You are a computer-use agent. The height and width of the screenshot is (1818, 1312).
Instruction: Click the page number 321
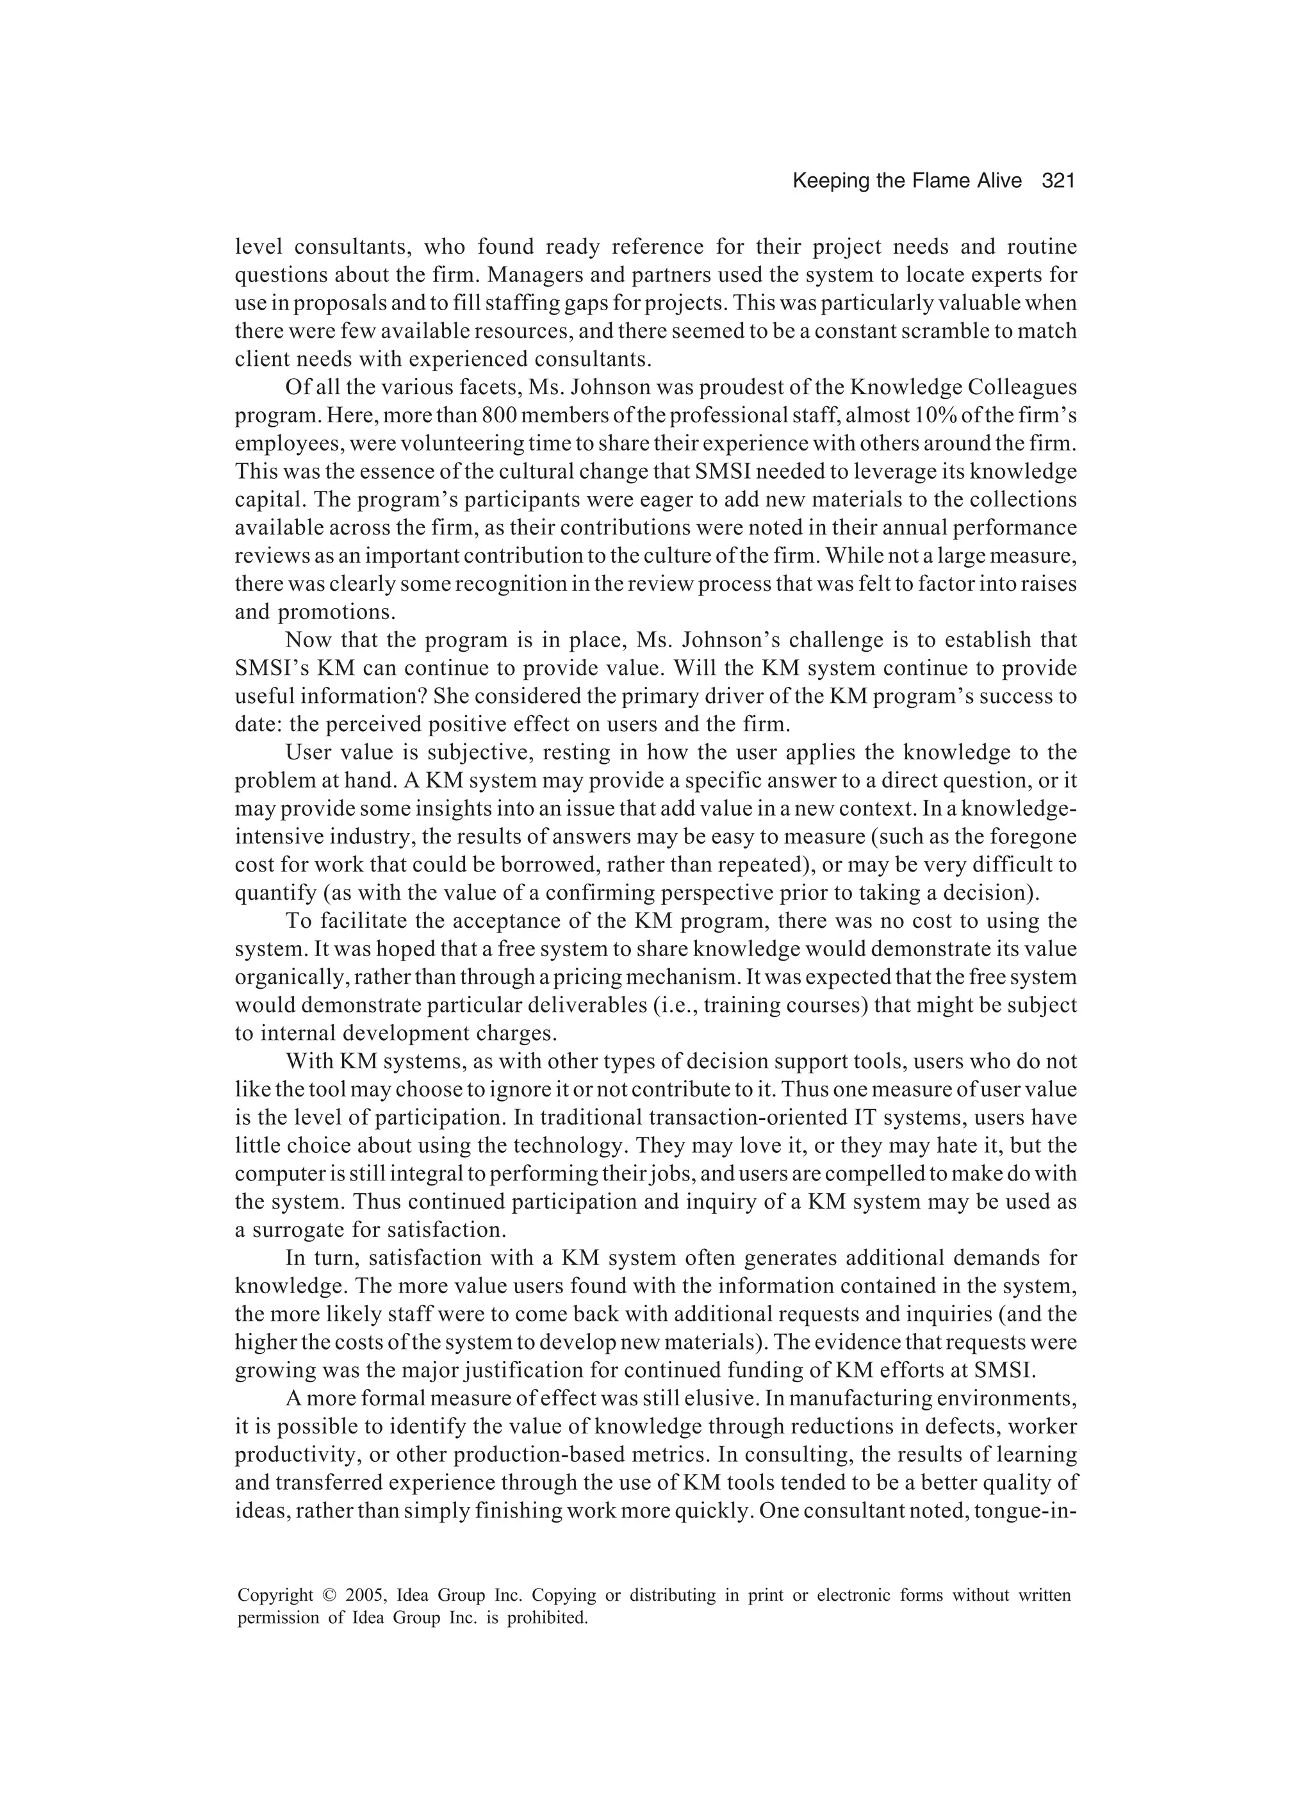click(x=1057, y=181)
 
